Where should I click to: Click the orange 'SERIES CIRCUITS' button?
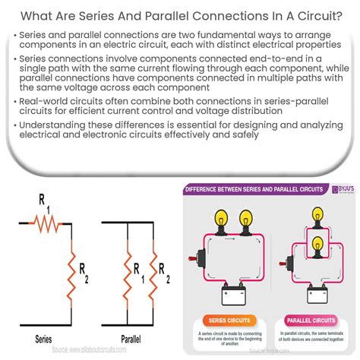227,319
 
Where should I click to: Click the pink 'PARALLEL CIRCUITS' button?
310,319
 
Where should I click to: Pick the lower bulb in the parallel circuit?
320,242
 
